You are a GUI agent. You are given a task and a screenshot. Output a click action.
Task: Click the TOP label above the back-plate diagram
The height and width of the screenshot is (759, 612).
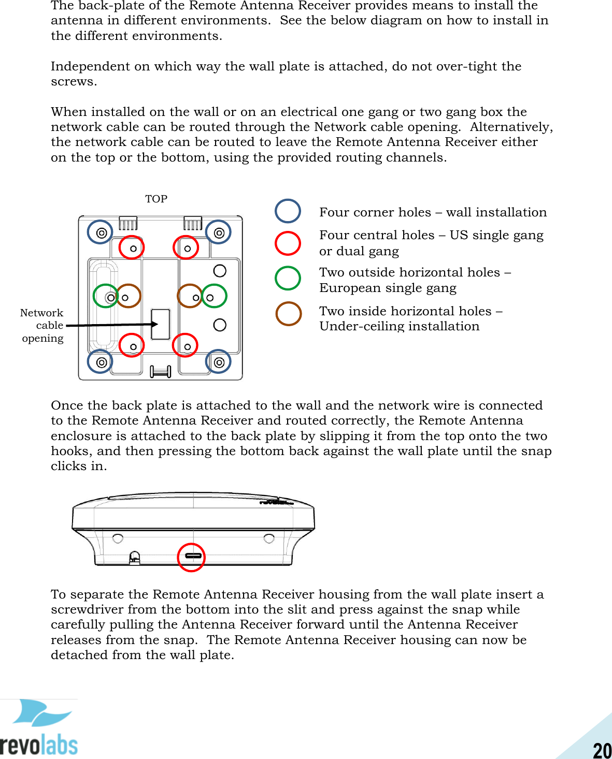point(156,199)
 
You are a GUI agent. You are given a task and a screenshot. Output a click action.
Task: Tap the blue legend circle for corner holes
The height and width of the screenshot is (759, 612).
point(288,211)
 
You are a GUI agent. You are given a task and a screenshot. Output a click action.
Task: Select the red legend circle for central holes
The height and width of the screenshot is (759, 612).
point(288,243)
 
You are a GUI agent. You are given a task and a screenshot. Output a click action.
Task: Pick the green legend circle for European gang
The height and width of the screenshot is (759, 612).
point(288,278)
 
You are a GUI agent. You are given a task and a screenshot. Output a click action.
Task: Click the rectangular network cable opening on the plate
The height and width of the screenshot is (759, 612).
point(161,324)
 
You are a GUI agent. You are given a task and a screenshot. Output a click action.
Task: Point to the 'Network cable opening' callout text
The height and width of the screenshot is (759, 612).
point(42,325)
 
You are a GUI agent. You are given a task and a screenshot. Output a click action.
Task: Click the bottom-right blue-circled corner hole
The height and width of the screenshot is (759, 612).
point(218,362)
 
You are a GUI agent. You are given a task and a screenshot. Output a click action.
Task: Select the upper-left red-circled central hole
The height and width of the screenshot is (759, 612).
point(132,248)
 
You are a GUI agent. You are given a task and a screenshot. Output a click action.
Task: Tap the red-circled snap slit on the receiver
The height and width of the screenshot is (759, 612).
point(192,557)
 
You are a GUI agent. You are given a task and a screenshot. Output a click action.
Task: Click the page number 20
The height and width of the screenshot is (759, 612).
point(602,750)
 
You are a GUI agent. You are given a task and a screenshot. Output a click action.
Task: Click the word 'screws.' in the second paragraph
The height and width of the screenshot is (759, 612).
point(74,82)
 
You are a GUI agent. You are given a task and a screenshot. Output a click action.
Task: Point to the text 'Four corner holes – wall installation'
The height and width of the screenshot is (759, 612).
point(433,212)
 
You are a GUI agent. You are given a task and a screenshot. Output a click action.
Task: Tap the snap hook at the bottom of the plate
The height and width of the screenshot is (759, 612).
point(160,371)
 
